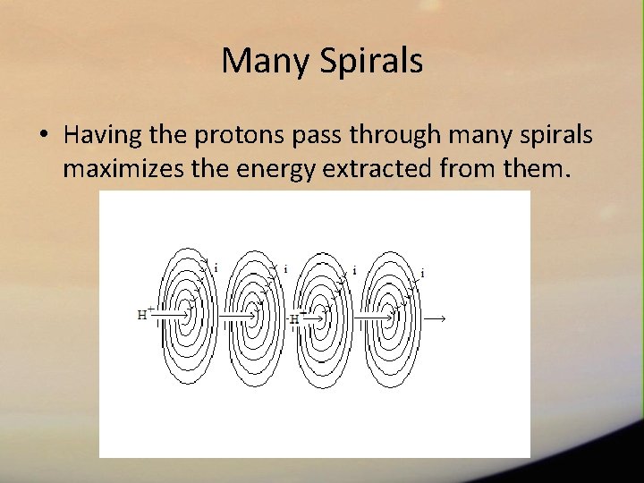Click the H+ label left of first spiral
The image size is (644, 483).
point(145,314)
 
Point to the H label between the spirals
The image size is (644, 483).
point(294,318)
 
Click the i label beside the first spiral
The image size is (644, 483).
point(216,267)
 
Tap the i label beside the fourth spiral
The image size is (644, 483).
point(422,273)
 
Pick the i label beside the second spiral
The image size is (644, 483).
point(285,268)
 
